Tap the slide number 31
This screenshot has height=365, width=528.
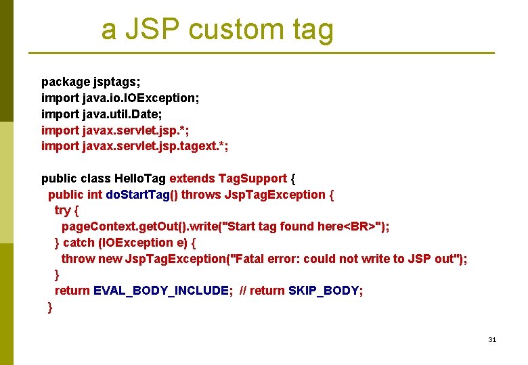point(492,339)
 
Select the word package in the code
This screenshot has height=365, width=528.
point(66,82)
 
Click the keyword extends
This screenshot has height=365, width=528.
point(192,178)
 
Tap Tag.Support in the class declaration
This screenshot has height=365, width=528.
point(252,178)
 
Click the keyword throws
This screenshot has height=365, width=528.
point(202,195)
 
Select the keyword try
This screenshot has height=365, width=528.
point(62,210)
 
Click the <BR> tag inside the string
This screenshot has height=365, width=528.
point(360,226)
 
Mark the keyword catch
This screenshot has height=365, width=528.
point(80,243)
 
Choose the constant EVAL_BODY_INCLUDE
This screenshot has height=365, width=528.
point(161,291)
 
